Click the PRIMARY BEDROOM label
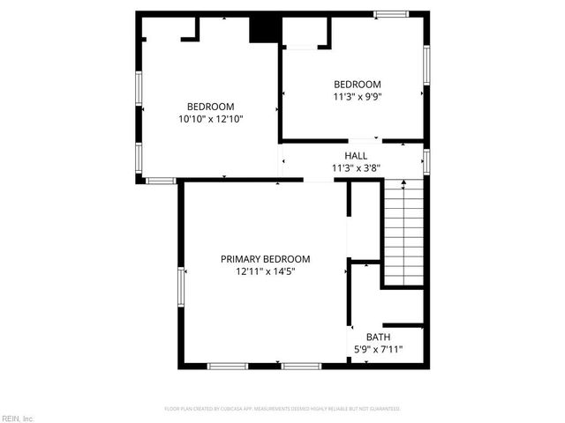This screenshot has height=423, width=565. (265, 258)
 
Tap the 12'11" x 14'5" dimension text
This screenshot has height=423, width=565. (265, 271)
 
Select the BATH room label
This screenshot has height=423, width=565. (378, 337)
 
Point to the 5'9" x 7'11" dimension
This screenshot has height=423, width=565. (378, 349)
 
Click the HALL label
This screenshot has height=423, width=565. (356, 155)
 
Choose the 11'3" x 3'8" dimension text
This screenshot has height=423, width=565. (356, 167)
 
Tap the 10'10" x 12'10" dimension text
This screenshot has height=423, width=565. (209, 119)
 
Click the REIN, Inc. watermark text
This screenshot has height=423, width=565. (18, 418)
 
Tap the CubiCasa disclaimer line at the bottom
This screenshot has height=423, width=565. (282, 409)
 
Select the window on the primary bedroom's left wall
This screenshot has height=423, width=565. (181, 290)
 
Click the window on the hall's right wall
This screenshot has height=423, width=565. (426, 161)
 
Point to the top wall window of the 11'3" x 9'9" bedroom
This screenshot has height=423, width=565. (390, 14)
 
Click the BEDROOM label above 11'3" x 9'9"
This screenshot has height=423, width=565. (357, 84)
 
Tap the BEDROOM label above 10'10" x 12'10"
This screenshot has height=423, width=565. (209, 107)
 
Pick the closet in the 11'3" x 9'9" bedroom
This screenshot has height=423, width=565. (305, 33)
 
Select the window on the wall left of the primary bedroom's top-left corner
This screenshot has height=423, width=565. (161, 181)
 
